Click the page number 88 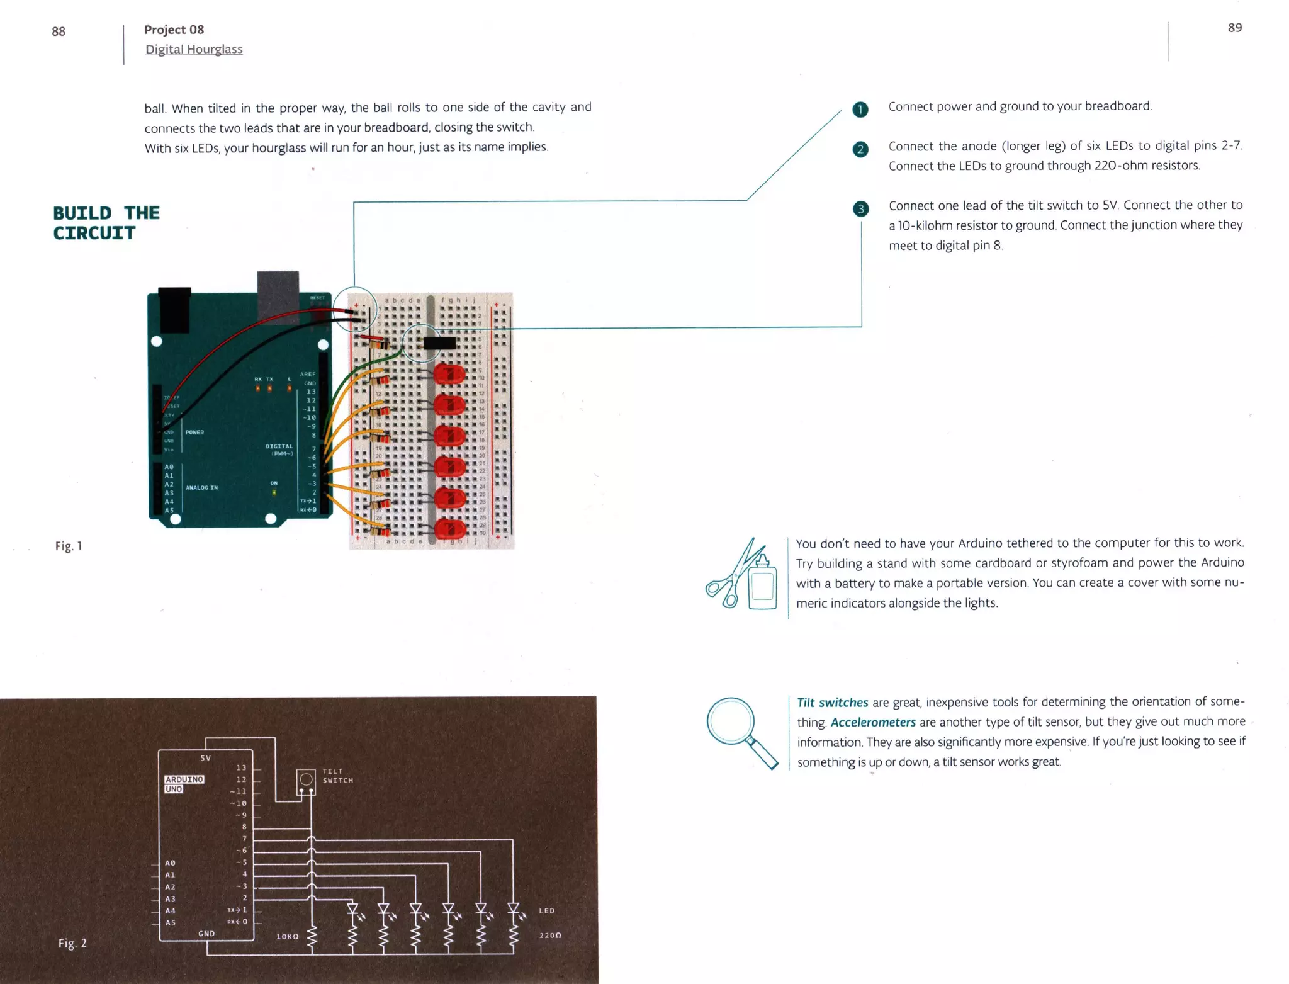pyautogui.click(x=59, y=31)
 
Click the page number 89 pyautogui.click(x=1234, y=28)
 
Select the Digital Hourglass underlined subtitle pyautogui.click(x=194, y=49)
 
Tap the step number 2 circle pyautogui.click(x=860, y=149)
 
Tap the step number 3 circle pyautogui.click(x=860, y=209)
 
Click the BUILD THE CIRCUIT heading pyautogui.click(x=106, y=223)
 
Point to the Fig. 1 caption pyautogui.click(x=69, y=546)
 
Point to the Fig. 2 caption pyautogui.click(x=72, y=942)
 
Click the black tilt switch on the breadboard pyautogui.click(x=439, y=343)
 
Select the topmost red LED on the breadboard pyautogui.click(x=449, y=375)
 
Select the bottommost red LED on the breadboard pyautogui.click(x=449, y=529)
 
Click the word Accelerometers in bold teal pyautogui.click(x=873, y=722)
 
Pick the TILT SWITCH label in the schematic pyautogui.click(x=337, y=776)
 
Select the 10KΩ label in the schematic pyautogui.click(x=288, y=936)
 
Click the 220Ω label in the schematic pyautogui.click(x=549, y=935)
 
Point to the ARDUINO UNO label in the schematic pyautogui.click(x=184, y=784)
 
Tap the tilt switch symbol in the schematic pyautogui.click(x=306, y=781)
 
